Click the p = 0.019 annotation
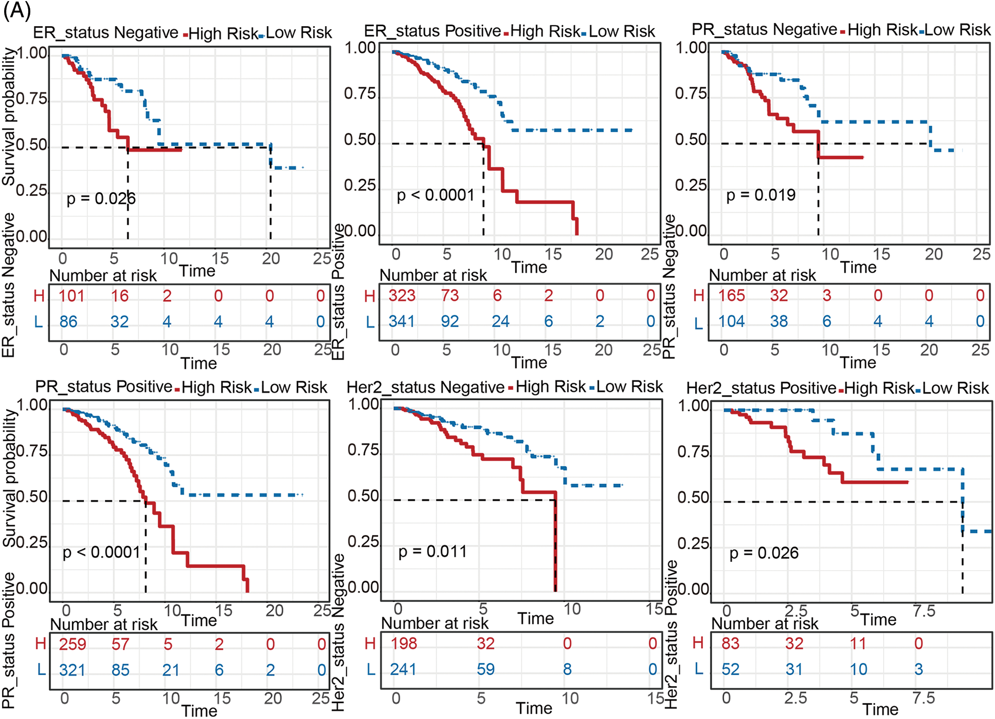pos(761,195)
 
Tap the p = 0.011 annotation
pos(432,552)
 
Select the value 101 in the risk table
pos(72,296)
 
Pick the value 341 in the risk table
pos(401,321)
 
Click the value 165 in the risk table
pos(732,296)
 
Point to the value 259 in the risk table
pos(73,644)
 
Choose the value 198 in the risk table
pos(404,643)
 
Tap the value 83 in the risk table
pos(731,643)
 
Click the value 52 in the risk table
pos(731,669)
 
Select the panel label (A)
pos(17,10)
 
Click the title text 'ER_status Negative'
pos(106,32)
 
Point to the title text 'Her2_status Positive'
pos(761,388)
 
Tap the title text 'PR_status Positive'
pos(103,387)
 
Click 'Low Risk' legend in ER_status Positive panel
pos(621,31)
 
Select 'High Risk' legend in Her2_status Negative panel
pos(551,387)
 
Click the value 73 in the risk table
pos(450,296)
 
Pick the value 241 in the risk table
pos(403,669)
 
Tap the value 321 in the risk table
pos(72,670)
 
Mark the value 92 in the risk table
pos(450,321)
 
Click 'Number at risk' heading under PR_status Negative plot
pos(762,275)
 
